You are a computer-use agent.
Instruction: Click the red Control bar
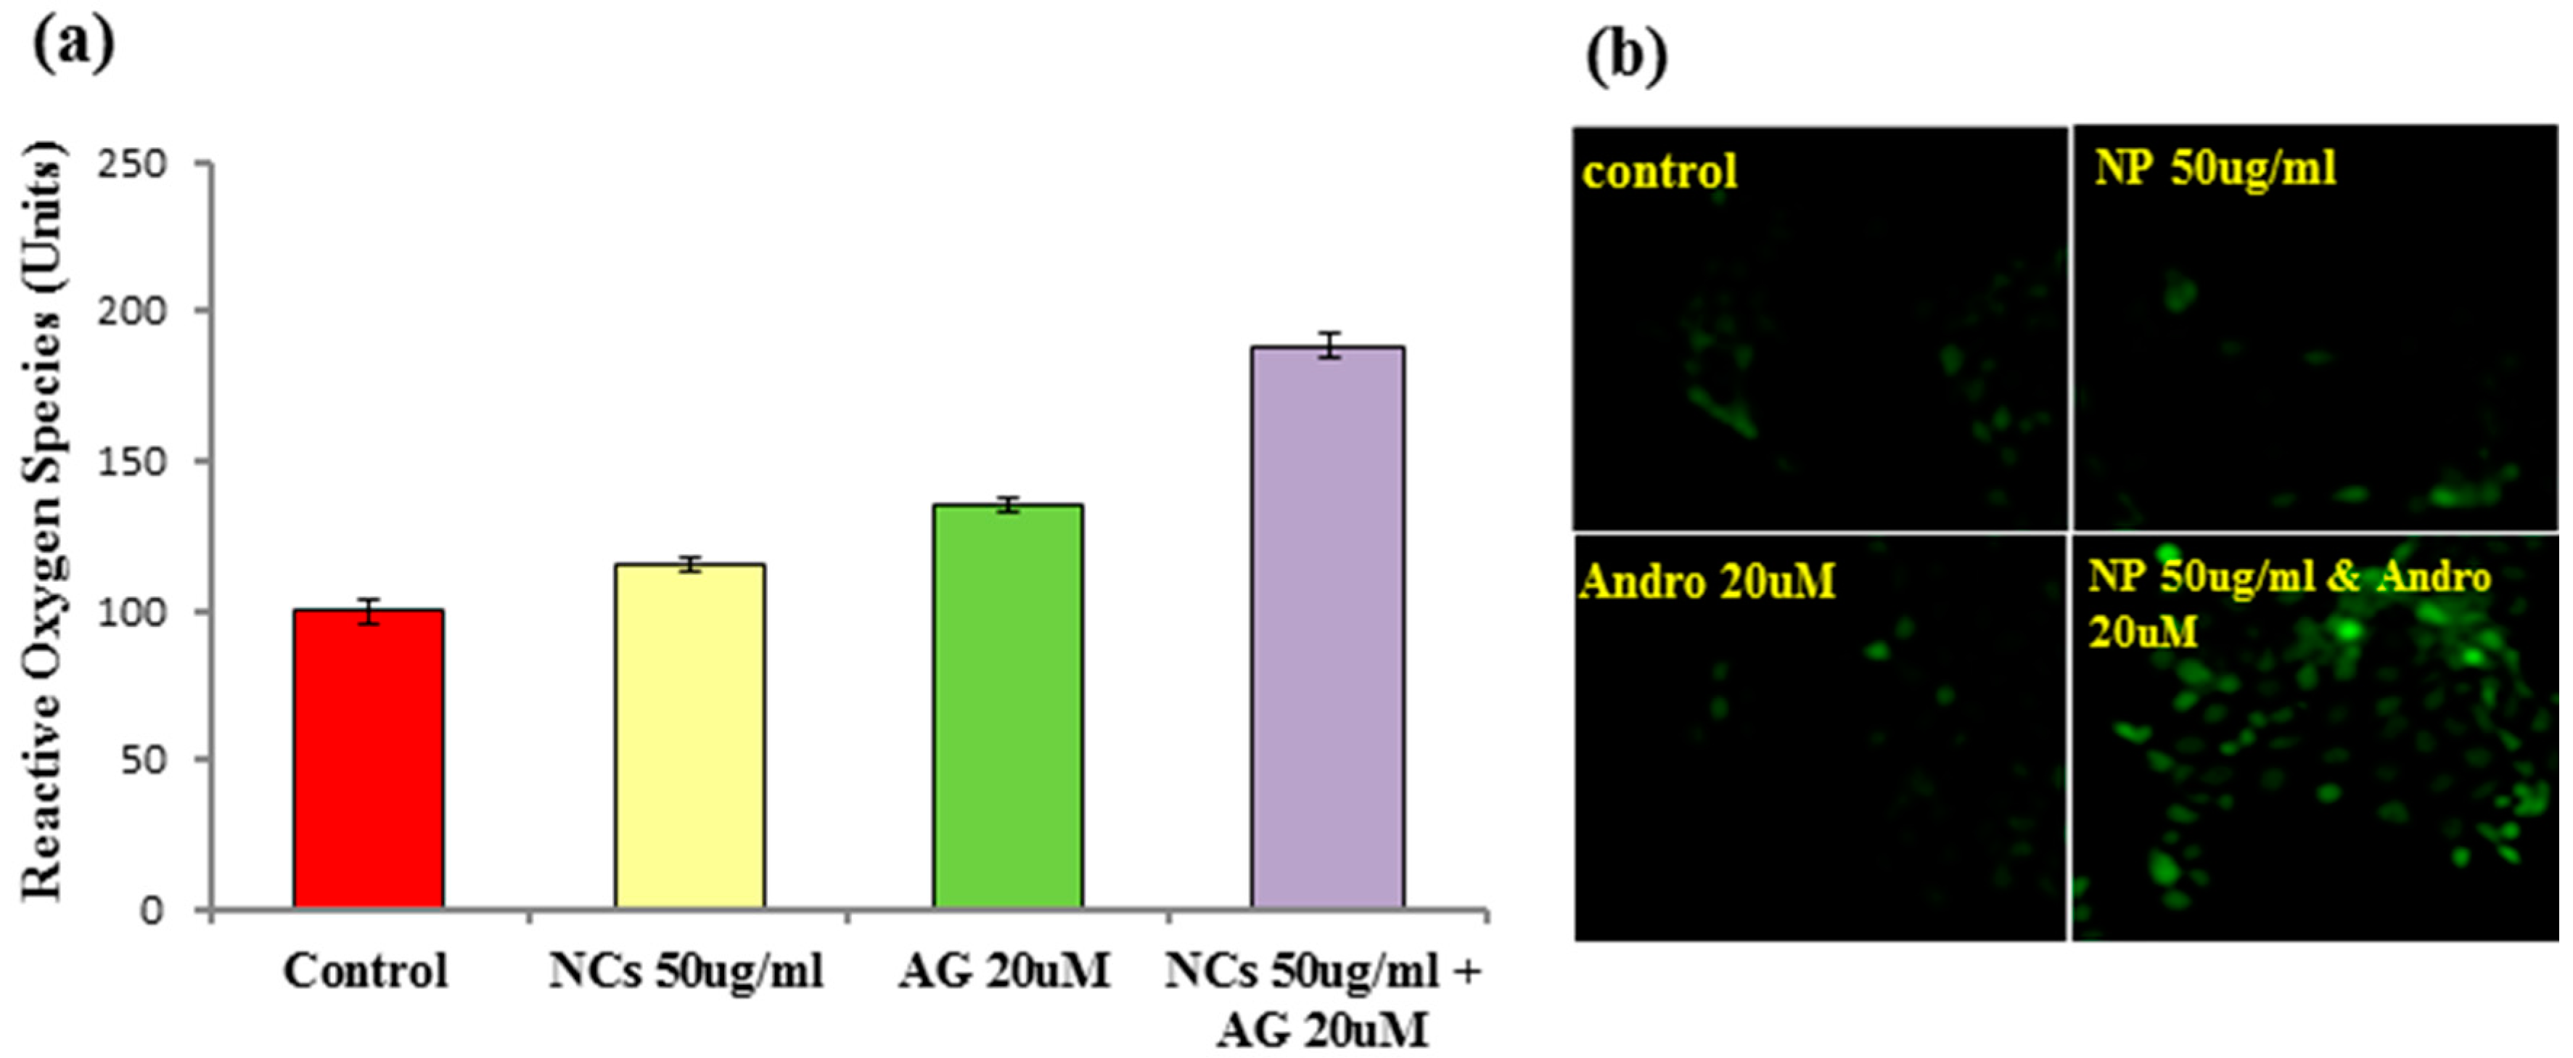click(369, 759)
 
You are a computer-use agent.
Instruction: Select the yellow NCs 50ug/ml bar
click(689, 737)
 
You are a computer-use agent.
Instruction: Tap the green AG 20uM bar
click(1008, 706)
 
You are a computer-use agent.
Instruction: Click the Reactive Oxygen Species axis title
click(42, 520)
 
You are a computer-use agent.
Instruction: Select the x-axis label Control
click(366, 971)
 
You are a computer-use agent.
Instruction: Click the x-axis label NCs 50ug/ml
click(686, 971)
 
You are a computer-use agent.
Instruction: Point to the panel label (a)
click(73, 45)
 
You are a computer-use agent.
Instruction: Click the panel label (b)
click(1626, 58)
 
